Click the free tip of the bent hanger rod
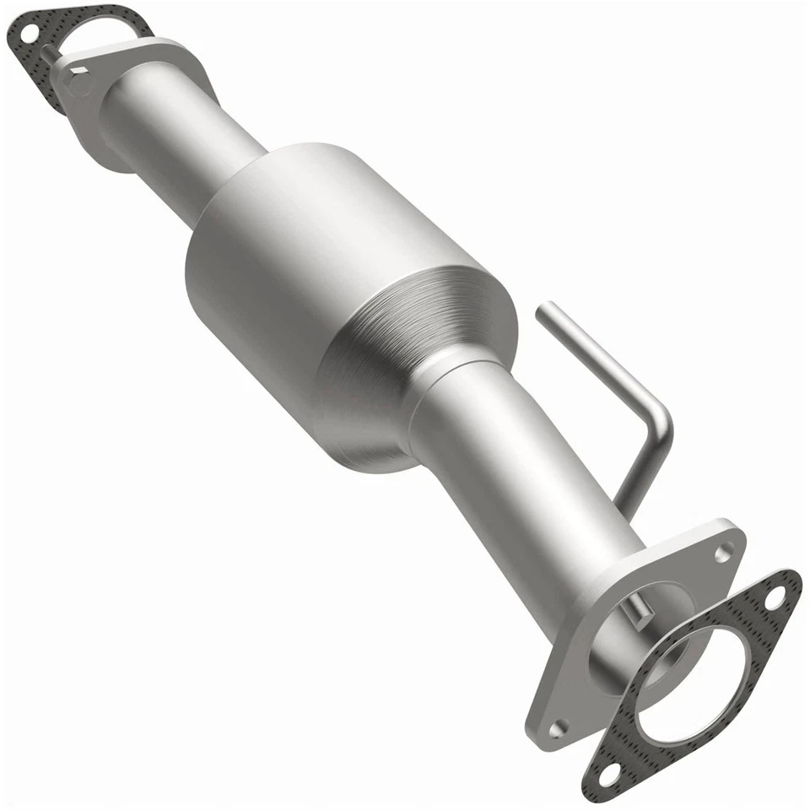click(543, 310)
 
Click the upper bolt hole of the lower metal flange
click(723, 553)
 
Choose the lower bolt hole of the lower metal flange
click(556, 727)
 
